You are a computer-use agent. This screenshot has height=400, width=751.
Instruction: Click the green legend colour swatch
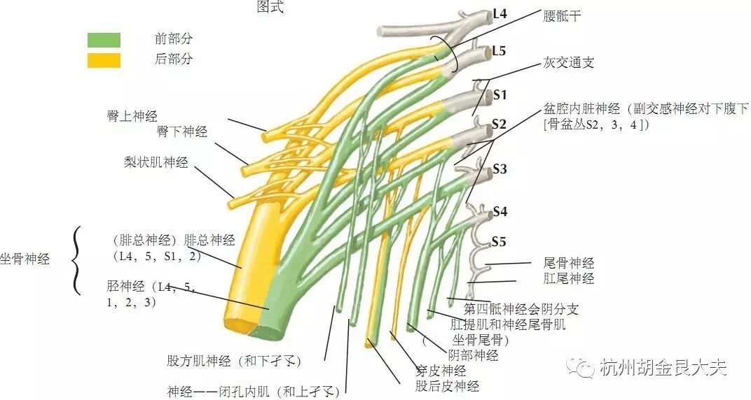coord(104,40)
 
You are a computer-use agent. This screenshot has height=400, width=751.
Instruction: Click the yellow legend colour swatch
coord(104,61)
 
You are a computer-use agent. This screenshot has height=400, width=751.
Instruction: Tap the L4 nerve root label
coord(500,13)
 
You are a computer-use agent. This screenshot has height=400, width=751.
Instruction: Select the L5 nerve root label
coord(499,51)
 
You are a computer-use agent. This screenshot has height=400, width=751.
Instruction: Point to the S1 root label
coord(499,94)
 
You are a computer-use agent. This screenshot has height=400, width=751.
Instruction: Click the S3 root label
coord(499,169)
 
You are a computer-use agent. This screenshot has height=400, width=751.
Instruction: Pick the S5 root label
coord(499,242)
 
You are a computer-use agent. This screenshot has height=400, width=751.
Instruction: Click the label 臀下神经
coord(181,131)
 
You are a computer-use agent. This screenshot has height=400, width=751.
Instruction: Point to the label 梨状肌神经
coord(156,163)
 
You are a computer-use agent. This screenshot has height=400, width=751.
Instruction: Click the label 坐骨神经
coord(25,259)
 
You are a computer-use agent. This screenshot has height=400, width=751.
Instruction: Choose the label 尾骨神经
coord(569,264)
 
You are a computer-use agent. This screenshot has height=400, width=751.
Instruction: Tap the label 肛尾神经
coord(569,278)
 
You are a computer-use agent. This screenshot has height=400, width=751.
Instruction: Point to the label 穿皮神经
coord(440,371)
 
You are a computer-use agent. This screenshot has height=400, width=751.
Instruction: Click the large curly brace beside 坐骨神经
coord(76,260)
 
